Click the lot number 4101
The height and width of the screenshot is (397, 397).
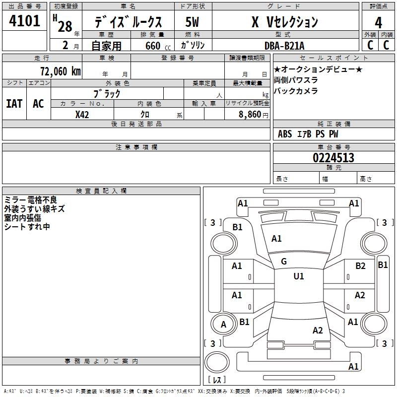click(x=24, y=21)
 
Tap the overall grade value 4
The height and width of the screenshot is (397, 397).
click(x=378, y=23)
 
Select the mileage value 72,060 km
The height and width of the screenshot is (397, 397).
click(x=61, y=71)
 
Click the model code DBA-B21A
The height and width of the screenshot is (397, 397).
click(x=284, y=46)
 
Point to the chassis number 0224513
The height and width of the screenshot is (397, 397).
click(x=333, y=158)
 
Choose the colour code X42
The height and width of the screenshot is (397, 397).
click(x=82, y=115)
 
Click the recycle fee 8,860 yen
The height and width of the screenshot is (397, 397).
click(x=254, y=115)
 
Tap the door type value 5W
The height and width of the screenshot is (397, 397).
click(x=192, y=22)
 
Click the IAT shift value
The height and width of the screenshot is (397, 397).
click(x=14, y=104)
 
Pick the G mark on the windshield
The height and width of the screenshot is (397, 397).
click(x=284, y=262)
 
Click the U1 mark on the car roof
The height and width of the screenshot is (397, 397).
click(x=299, y=276)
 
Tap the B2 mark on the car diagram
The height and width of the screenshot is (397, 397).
click(x=360, y=266)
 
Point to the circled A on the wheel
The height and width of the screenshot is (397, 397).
click(x=223, y=325)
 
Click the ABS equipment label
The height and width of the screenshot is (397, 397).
click(x=285, y=134)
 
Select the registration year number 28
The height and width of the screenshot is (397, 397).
click(x=65, y=26)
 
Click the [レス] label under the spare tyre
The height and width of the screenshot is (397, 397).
click(x=217, y=379)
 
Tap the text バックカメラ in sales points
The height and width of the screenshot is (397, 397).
click(x=296, y=91)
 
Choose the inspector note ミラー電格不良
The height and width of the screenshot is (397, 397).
click(x=31, y=200)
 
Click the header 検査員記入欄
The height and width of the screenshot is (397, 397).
click(x=101, y=191)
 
